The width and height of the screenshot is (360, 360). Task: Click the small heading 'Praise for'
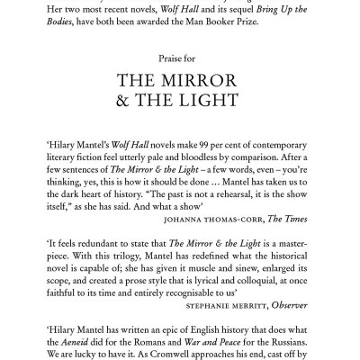pyautogui.click(x=180, y=57)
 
